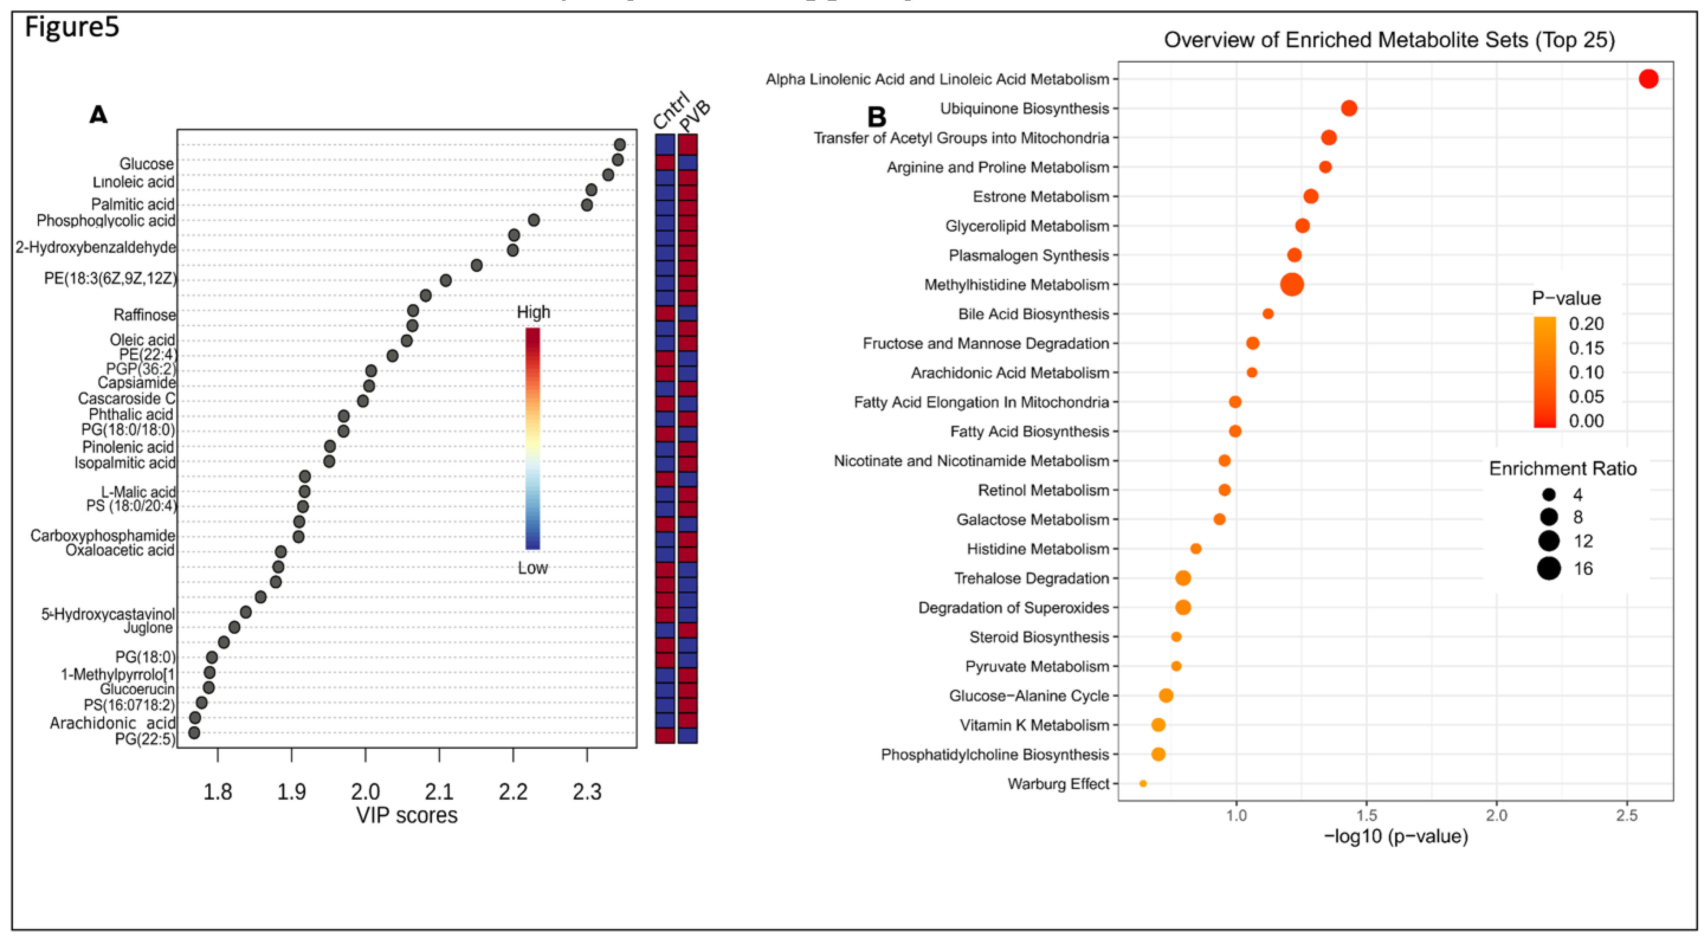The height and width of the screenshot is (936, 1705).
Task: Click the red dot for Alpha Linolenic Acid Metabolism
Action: point(1648,79)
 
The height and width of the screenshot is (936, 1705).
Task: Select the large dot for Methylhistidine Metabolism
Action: point(1292,285)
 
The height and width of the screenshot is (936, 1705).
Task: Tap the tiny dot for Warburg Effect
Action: point(1143,783)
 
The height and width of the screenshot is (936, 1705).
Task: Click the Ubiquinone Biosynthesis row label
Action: point(1024,109)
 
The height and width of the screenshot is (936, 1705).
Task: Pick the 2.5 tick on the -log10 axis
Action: point(1627,815)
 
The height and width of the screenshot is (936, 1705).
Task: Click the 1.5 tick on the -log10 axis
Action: point(1367,815)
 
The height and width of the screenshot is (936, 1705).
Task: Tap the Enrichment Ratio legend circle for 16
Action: point(1549,568)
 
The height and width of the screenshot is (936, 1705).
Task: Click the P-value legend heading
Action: point(1566,299)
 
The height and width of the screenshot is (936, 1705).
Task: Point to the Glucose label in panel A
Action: point(146,164)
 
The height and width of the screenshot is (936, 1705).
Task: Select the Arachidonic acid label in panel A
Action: point(112,723)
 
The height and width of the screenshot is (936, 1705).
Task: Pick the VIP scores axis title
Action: point(406,815)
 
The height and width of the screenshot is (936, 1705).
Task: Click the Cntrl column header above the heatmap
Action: point(669,111)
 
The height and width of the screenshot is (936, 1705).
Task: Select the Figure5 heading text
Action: point(72,28)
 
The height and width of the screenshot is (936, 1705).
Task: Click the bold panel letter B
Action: point(876,117)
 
